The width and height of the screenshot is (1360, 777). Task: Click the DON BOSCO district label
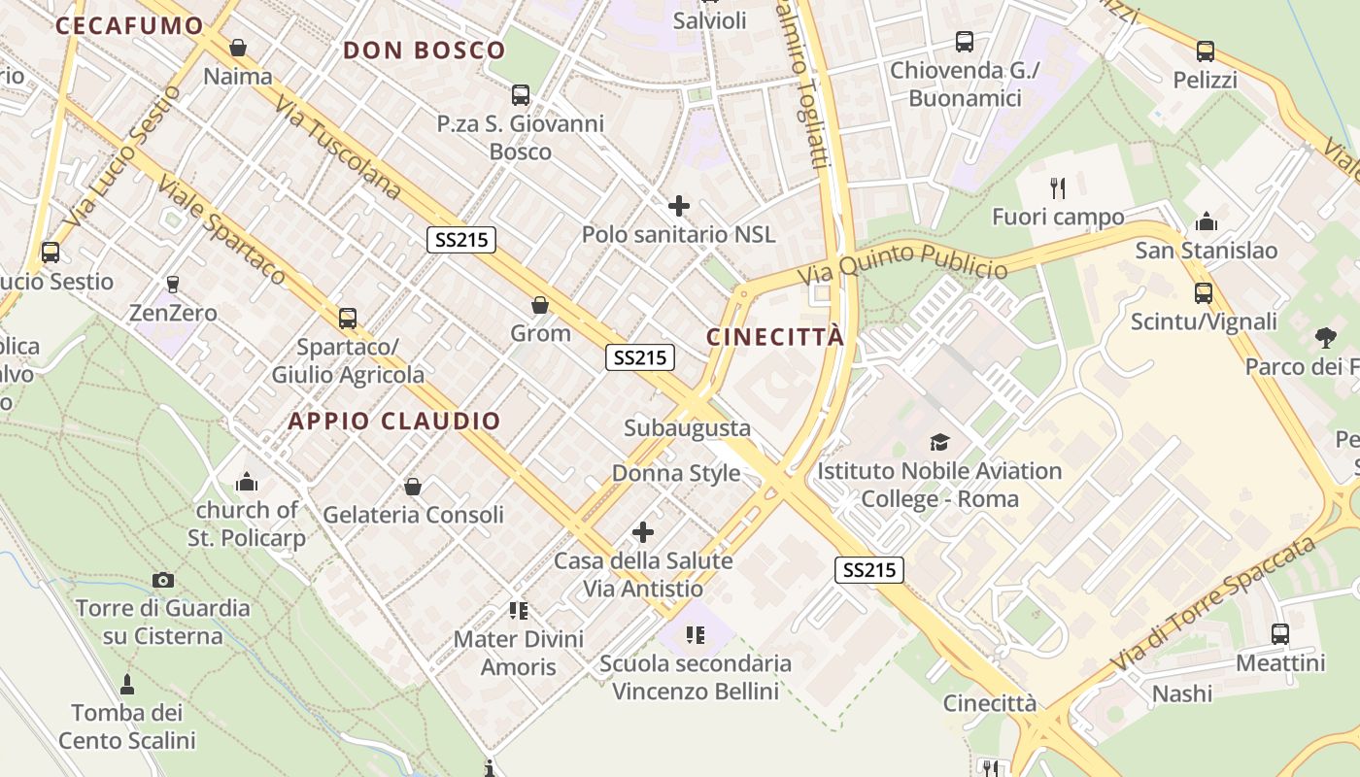pyautogui.click(x=425, y=51)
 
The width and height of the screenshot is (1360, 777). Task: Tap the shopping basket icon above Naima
pyautogui.click(x=238, y=48)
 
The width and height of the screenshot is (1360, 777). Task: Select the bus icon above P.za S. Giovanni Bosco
pyautogui.click(x=521, y=95)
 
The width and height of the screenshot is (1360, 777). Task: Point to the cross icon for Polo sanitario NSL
pyautogui.click(x=679, y=206)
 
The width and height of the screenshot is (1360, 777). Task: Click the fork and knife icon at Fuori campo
pyautogui.click(x=1058, y=187)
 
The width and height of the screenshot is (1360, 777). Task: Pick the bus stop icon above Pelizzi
pyautogui.click(x=1206, y=51)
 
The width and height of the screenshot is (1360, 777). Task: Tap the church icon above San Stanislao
pyautogui.click(x=1207, y=221)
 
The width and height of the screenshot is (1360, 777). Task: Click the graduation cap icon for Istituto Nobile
pyautogui.click(x=939, y=443)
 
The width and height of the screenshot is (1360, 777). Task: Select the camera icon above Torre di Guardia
pyautogui.click(x=163, y=580)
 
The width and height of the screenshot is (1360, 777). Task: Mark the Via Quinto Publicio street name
pyautogui.click(x=902, y=263)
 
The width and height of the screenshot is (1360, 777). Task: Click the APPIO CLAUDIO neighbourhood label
pyautogui.click(x=394, y=421)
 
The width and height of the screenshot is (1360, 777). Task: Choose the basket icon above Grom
pyautogui.click(x=540, y=305)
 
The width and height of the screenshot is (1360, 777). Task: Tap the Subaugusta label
pyautogui.click(x=687, y=427)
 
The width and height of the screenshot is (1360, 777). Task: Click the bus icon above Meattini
pyautogui.click(x=1280, y=634)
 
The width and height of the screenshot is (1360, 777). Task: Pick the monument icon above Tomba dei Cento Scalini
pyautogui.click(x=127, y=685)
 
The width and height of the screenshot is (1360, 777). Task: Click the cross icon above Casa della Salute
pyautogui.click(x=643, y=532)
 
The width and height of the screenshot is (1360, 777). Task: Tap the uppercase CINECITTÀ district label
pyautogui.click(x=775, y=337)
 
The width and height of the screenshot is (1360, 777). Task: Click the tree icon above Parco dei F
pyautogui.click(x=1325, y=338)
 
